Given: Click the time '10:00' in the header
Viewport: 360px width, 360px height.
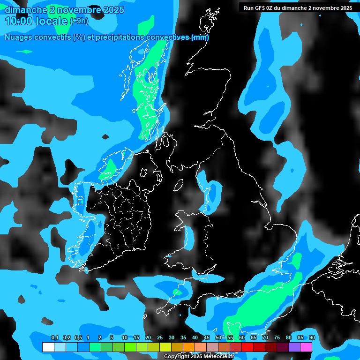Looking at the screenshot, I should point(19,21).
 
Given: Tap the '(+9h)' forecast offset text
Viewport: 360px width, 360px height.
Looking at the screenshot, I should point(79,21).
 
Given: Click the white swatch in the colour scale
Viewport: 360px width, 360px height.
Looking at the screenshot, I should point(48,347).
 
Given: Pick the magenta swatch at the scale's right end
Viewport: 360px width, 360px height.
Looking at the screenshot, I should point(306,347).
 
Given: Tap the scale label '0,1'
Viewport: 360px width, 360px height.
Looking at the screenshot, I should point(54,338).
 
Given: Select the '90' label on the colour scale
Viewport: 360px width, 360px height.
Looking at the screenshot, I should point(312,338).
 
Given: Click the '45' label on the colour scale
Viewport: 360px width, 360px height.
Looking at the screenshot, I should point(207,338).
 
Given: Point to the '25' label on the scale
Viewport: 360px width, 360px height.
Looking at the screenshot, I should point(160,338).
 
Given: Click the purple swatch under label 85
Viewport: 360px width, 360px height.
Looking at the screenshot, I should point(294,347).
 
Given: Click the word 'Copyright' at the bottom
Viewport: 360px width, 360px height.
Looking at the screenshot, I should point(177,357).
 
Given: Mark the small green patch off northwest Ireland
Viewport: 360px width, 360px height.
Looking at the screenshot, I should point(110,168).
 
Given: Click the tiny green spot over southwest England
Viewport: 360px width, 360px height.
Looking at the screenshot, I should point(177,292).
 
